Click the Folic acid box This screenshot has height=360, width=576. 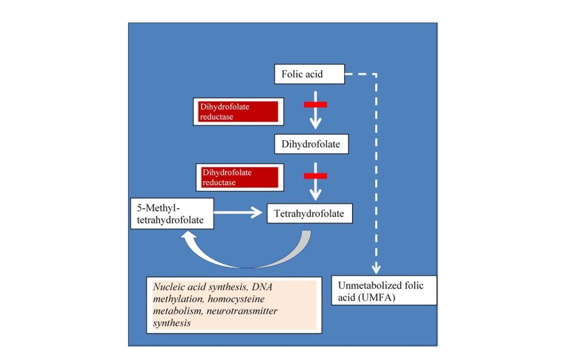point(309,74)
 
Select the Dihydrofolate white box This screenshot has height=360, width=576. point(311,143)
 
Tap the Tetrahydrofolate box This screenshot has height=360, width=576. point(309,213)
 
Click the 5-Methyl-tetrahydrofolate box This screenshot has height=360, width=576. point(172,213)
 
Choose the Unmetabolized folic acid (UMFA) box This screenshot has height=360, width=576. point(384,291)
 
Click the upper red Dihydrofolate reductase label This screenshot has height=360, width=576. point(238,111)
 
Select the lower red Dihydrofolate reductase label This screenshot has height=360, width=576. point(240,178)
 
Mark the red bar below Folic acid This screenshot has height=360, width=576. point(315,105)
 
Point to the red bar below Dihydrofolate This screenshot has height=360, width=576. point(315,176)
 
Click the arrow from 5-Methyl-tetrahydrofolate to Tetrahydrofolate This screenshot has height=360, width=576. point(238,212)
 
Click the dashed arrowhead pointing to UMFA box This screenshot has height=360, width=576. point(376,268)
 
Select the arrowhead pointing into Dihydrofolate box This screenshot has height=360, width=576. point(315,124)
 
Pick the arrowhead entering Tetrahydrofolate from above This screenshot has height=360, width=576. point(315,195)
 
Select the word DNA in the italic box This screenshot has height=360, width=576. point(262,287)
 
